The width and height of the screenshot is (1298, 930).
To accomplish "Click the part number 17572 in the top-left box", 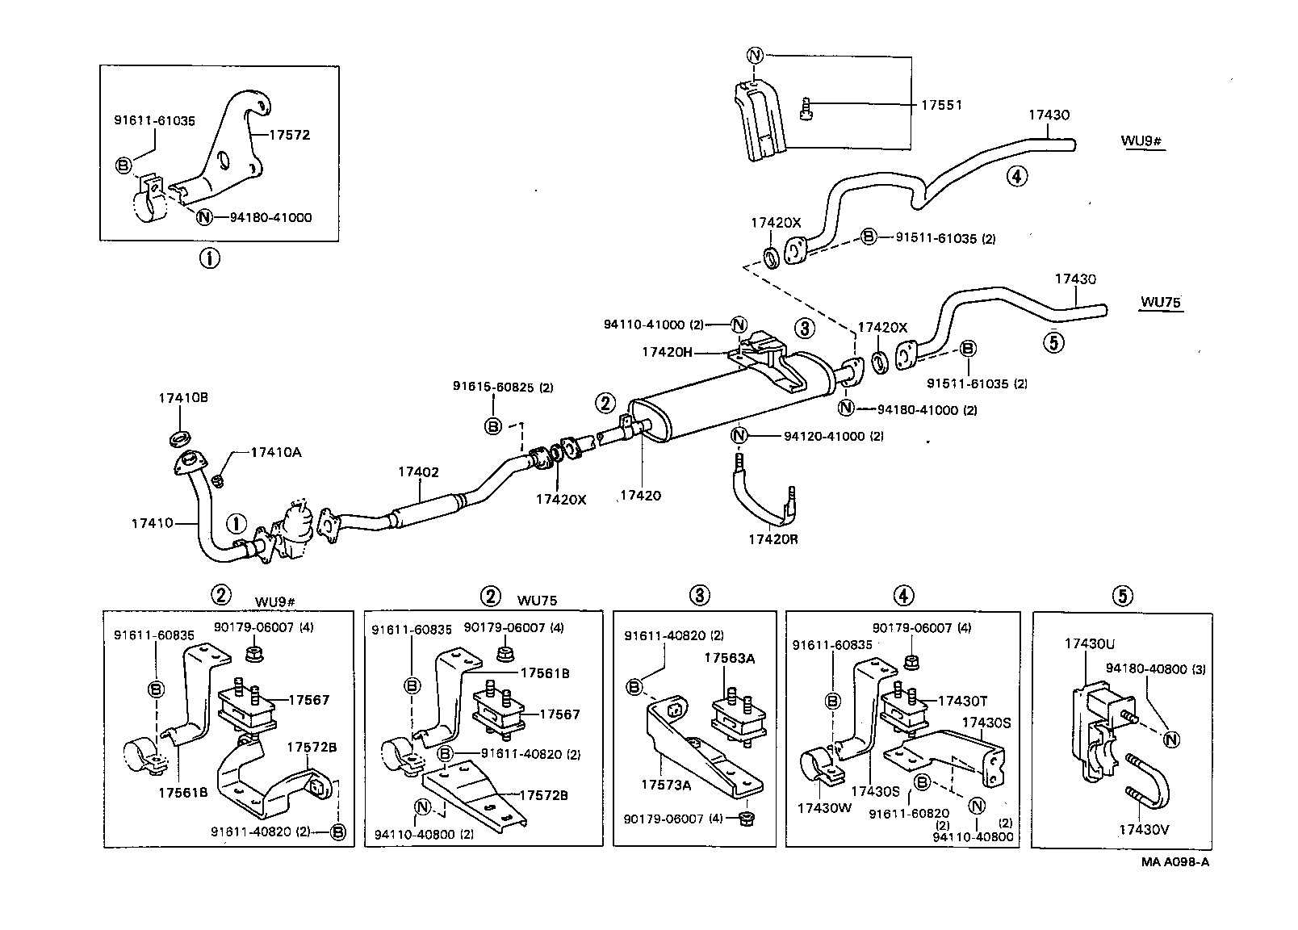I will point(289,136).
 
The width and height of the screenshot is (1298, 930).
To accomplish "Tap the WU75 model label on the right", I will point(1161,303).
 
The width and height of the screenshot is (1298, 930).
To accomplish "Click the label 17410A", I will point(275,453).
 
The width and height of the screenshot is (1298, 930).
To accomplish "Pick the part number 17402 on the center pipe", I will point(418,471).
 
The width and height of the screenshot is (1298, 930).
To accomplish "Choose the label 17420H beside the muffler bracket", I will point(667,352).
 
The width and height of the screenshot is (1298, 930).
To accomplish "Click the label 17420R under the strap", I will point(773,538).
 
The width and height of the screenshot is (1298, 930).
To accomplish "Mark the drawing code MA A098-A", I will point(1174,861).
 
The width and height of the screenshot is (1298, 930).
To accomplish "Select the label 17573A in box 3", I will point(667,784).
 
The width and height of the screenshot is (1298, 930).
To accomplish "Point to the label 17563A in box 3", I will point(729,658).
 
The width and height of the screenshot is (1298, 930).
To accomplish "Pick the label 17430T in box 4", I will point(962,701).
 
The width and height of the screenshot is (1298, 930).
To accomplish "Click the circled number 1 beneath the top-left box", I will point(209,259).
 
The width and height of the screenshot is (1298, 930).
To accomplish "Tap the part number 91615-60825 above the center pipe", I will point(503,387).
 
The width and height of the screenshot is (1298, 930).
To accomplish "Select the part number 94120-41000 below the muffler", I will point(833,436).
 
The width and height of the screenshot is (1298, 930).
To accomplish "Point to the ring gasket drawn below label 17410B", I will point(181,438).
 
